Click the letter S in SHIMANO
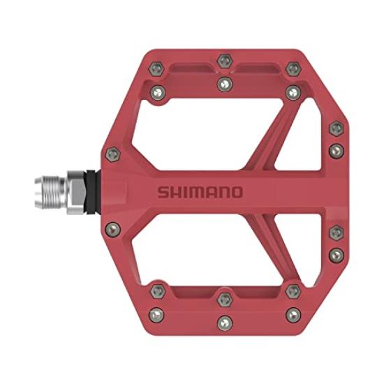pyautogui.click(x=163, y=192)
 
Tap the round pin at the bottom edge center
pyautogui.click(x=223, y=322)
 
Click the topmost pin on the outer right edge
pyautogui.click(x=336, y=128)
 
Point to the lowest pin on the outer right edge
pyautogui.click(x=336, y=254)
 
